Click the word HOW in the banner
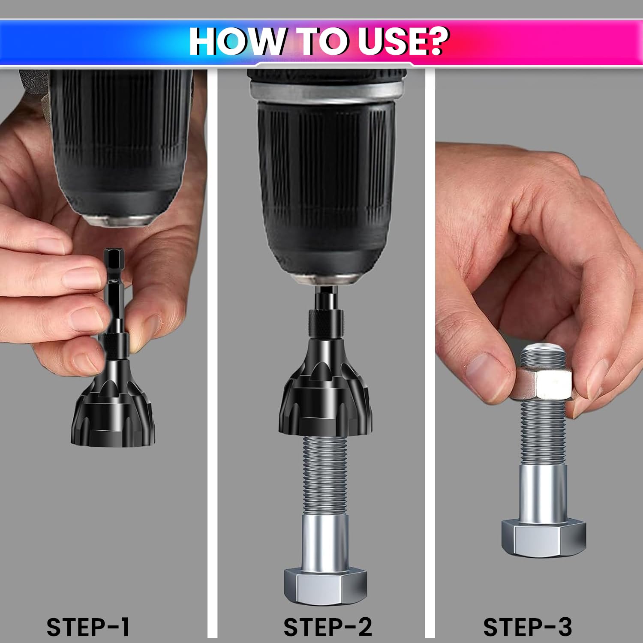236,41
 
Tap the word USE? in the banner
403,41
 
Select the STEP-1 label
88,627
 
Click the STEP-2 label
328,627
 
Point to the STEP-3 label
528,627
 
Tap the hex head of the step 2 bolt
325,587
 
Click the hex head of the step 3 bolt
544,538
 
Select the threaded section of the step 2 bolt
325,476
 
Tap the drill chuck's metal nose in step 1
118,220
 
